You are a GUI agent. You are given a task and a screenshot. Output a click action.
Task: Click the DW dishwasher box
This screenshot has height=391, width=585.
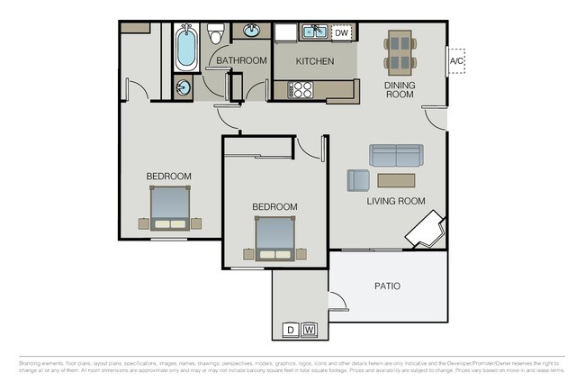coord(341,33)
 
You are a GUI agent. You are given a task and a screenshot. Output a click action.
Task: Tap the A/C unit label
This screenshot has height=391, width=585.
coord(456,61)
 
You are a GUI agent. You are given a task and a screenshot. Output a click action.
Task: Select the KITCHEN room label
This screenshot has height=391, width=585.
coord(315,61)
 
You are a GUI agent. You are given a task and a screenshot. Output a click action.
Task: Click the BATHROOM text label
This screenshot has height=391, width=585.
coord(241,61)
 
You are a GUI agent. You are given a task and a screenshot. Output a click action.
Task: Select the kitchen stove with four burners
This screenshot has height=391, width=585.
coord(300,89)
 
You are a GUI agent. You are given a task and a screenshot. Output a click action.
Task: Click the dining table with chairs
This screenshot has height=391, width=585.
coord(400,52)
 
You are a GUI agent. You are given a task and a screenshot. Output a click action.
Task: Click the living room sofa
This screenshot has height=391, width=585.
coord(394,155)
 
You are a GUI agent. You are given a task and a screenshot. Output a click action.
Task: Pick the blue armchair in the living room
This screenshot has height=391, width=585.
coord(358,180)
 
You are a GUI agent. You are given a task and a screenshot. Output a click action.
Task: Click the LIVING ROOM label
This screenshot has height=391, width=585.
coord(395,201)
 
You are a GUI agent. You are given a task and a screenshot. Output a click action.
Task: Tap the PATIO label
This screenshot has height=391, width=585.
coord(387,286)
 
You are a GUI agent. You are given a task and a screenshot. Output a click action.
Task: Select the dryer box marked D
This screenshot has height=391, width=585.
coord(291,330)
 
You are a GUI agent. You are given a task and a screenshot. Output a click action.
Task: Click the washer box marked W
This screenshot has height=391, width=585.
coord(310,330)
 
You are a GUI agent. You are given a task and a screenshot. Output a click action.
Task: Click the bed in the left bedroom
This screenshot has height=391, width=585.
coord(169,208)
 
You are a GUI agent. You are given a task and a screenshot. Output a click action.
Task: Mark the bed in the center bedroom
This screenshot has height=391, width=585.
coord(274,238)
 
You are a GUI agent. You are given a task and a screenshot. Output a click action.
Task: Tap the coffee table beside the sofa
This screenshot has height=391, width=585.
coord(397,179)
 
